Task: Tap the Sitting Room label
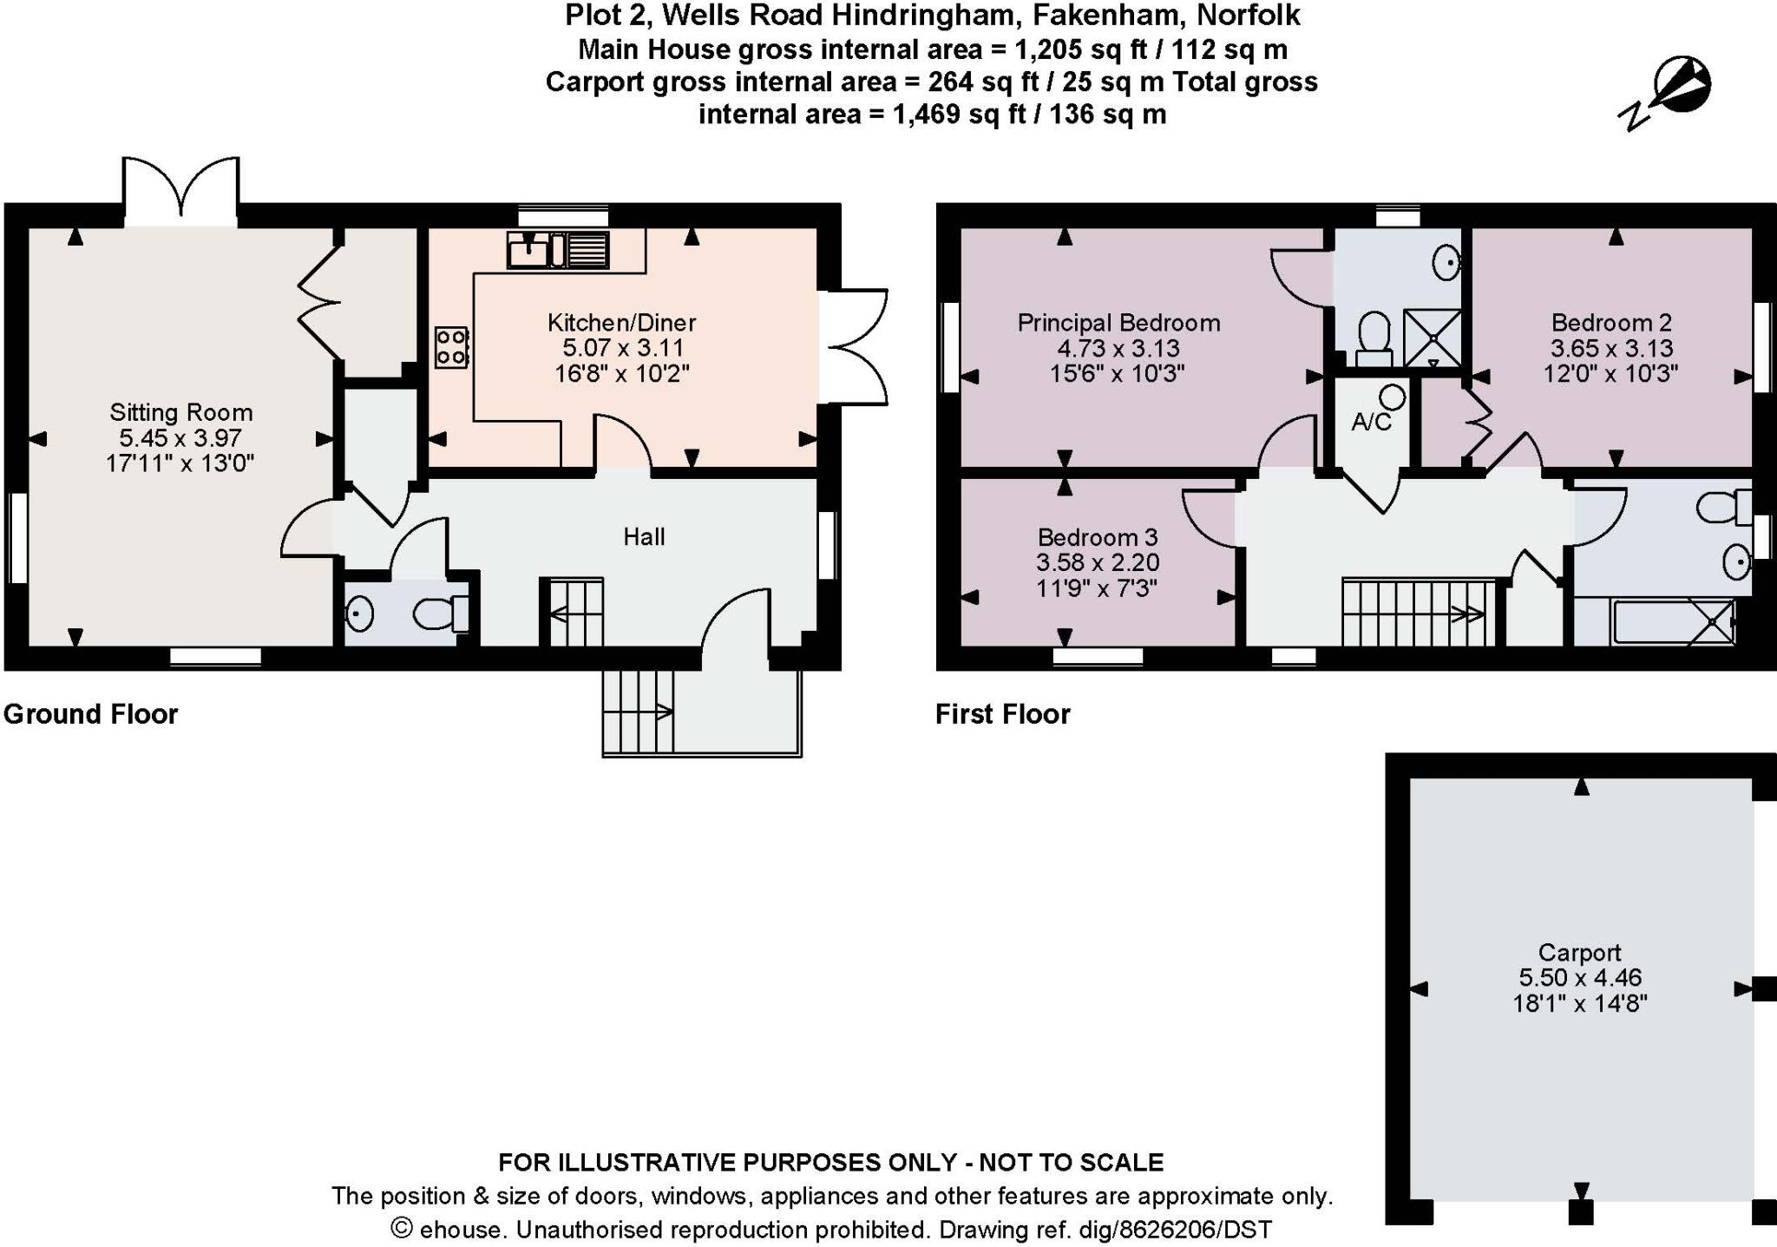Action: click(x=180, y=412)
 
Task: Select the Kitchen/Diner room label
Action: click(x=621, y=323)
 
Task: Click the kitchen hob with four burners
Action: click(x=451, y=346)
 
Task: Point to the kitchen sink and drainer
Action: click(x=557, y=250)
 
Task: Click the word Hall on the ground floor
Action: click(x=644, y=537)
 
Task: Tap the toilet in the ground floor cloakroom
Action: click(x=438, y=614)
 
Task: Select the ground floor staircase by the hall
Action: click(x=573, y=613)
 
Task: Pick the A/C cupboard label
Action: click(x=1371, y=423)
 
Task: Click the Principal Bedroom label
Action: click(x=1118, y=323)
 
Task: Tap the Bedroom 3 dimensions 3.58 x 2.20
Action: click(x=1097, y=562)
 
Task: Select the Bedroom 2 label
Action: click(x=1611, y=323)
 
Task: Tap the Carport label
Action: click(x=1579, y=952)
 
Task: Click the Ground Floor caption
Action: click(x=90, y=714)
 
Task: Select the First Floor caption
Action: click(x=1002, y=714)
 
